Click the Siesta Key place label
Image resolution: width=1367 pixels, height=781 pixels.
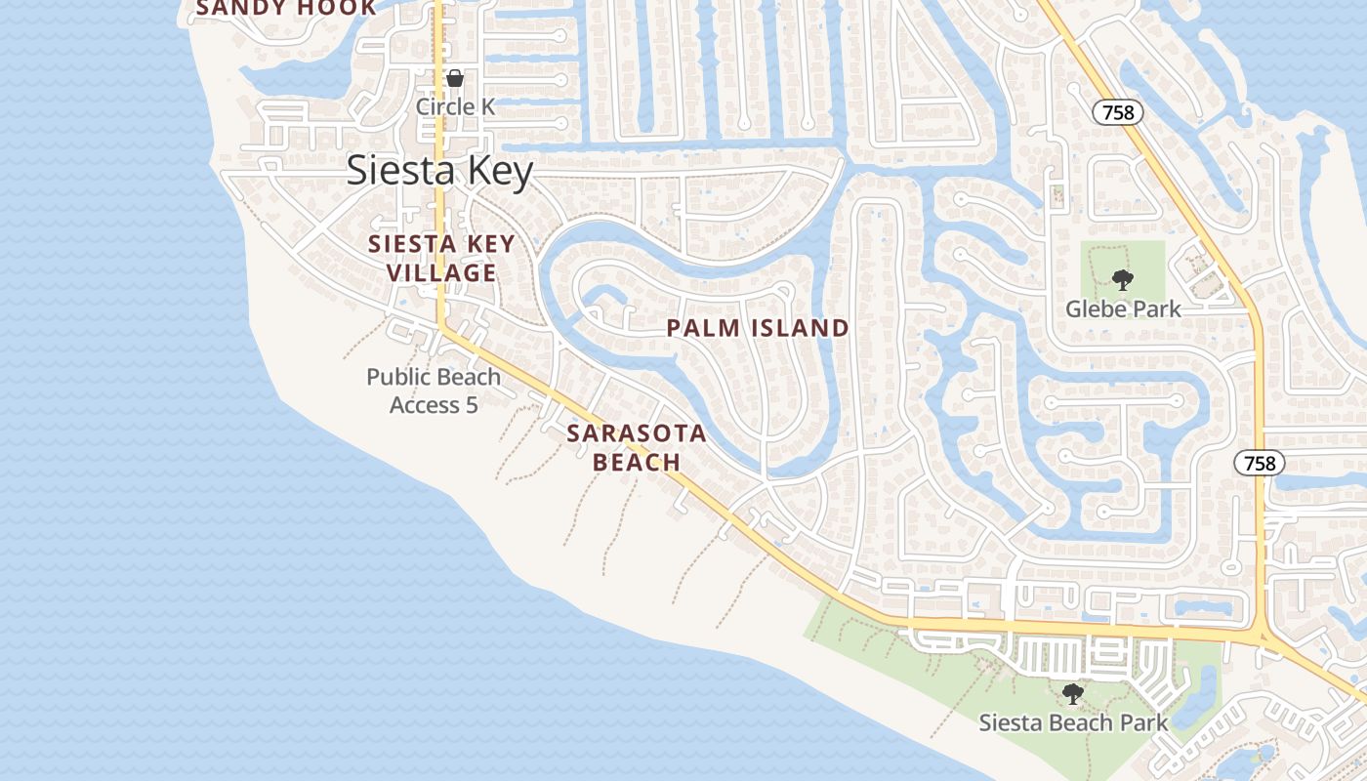pyautogui.click(x=439, y=171)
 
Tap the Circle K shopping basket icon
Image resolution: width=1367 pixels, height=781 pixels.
pyautogui.click(x=455, y=78)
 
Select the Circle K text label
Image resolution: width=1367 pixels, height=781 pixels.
pyautogui.click(x=455, y=105)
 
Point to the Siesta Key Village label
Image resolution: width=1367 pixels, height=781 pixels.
pyautogui.click(x=441, y=258)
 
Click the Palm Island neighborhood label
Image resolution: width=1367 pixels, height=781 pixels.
pyautogui.click(x=758, y=328)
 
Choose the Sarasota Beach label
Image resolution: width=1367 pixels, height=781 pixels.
pyautogui.click(x=638, y=447)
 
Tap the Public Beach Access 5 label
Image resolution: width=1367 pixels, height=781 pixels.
pyautogui.click(x=434, y=390)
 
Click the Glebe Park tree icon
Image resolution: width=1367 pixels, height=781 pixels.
pyautogui.click(x=1123, y=281)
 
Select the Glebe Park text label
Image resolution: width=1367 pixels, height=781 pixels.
pyautogui.click(x=1123, y=309)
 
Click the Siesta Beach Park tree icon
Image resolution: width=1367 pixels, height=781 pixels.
pyautogui.click(x=1073, y=695)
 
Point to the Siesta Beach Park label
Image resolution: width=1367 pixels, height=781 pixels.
pyautogui.click(x=1073, y=723)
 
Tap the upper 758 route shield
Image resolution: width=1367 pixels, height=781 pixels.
pyautogui.click(x=1117, y=112)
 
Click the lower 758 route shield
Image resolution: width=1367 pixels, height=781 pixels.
pyautogui.click(x=1260, y=463)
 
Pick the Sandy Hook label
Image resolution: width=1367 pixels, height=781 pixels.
pyautogui.click(x=286, y=8)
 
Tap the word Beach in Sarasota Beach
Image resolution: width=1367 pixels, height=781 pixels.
pyautogui.click(x=638, y=462)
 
